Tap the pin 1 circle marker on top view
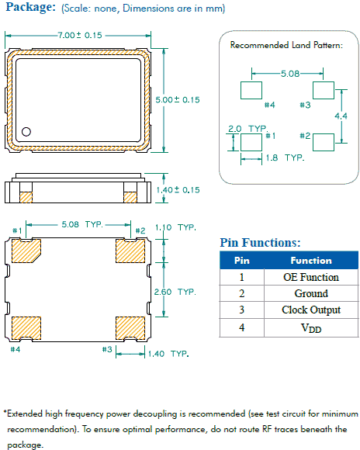[26, 131]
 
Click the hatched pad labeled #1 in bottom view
[26, 250]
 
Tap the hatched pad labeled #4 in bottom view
[26, 327]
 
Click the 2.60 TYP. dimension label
[177, 292]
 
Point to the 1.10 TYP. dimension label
[177, 228]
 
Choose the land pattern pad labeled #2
[324, 141]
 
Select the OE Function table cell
[310, 277]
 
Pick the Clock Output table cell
[310, 310]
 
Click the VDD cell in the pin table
[310, 327]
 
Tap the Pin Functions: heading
[260, 243]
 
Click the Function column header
[310, 261]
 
